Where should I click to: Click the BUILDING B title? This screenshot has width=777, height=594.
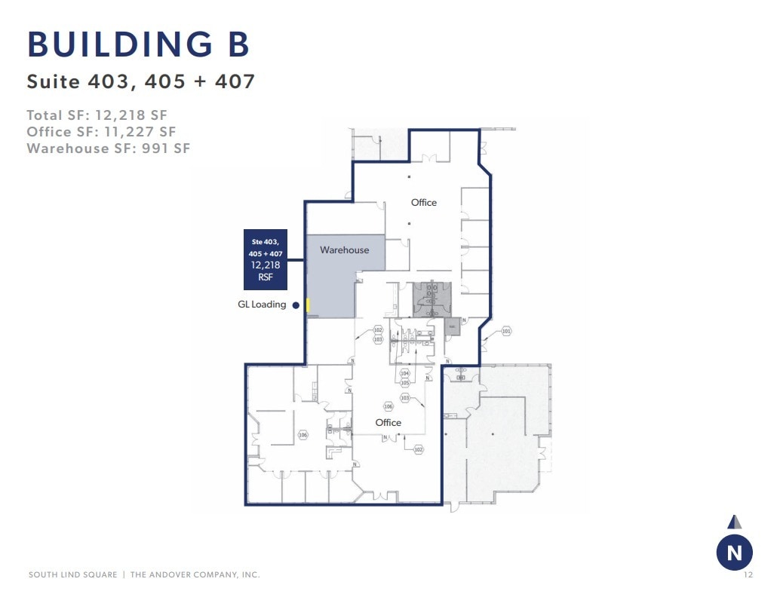pyautogui.click(x=139, y=46)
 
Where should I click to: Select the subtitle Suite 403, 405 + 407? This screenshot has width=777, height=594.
pyautogui.click(x=141, y=81)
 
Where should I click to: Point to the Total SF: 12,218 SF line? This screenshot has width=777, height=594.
pyautogui.click(x=97, y=115)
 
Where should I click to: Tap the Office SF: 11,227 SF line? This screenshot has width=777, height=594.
pyautogui.click(x=101, y=132)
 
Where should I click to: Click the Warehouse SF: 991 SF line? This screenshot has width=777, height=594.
pyautogui.click(x=108, y=148)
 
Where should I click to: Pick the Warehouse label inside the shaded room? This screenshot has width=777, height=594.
pyautogui.click(x=344, y=250)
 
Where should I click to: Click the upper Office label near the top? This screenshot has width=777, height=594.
pyautogui.click(x=424, y=203)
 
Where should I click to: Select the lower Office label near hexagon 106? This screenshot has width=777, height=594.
pyautogui.click(x=388, y=423)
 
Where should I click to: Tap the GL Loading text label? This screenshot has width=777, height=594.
pyautogui.click(x=262, y=305)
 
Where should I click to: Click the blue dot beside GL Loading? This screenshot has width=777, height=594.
pyautogui.click(x=296, y=305)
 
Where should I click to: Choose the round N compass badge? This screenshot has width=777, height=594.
pyautogui.click(x=734, y=553)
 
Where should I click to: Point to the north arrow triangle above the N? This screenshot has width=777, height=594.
pyautogui.click(x=734, y=522)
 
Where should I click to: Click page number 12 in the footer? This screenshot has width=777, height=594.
pyautogui.click(x=748, y=575)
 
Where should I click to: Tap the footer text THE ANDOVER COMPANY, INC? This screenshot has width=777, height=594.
pyautogui.click(x=195, y=575)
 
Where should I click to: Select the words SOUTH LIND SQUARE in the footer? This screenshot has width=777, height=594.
pyautogui.click(x=72, y=575)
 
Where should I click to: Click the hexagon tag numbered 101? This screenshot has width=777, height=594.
pyautogui.click(x=506, y=331)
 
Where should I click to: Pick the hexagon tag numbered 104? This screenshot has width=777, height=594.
pyautogui.click(x=404, y=374)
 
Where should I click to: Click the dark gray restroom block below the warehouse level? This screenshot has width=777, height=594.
pyautogui.click(x=431, y=296)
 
